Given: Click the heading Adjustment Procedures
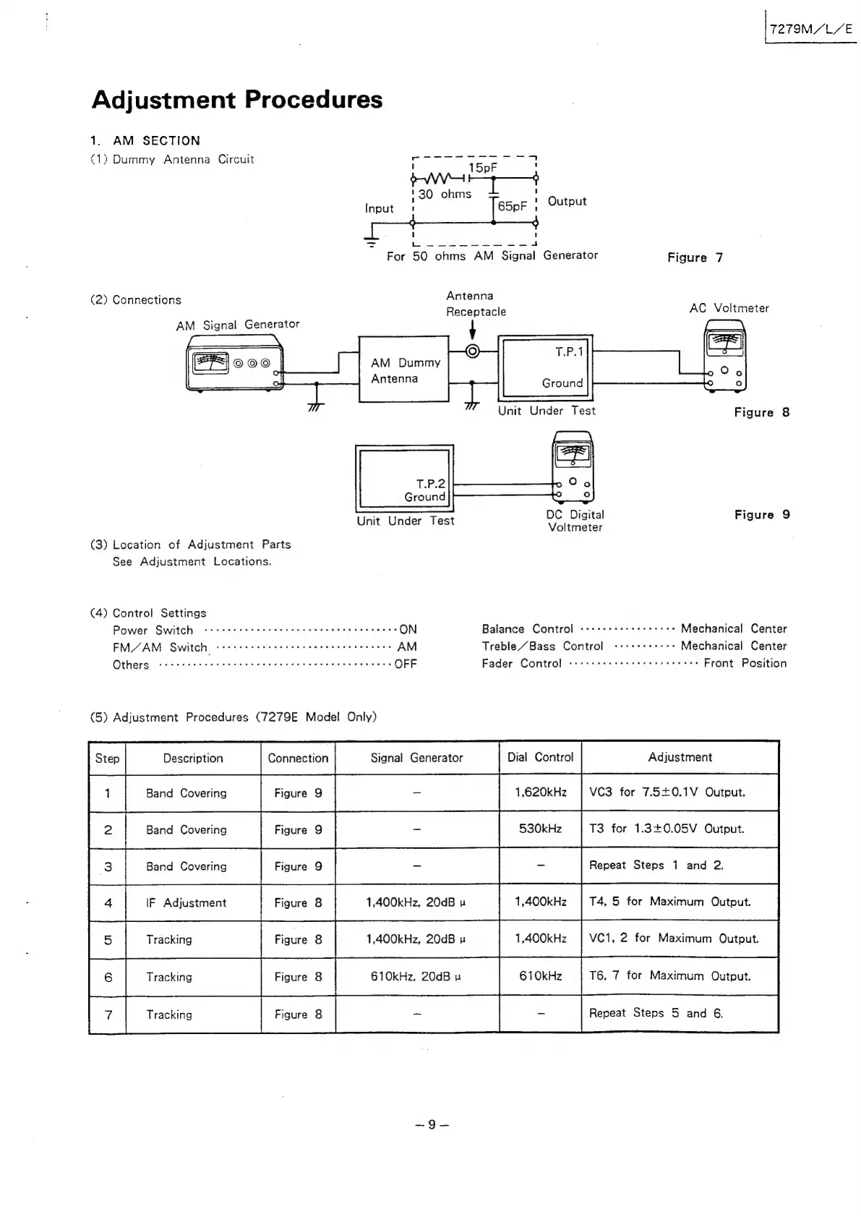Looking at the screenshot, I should (x=237, y=100).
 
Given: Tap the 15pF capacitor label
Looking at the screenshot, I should (x=482, y=168).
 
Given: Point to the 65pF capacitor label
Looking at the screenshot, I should (x=512, y=206).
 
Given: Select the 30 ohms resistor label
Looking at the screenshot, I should (x=445, y=194).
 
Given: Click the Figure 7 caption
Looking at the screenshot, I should (x=695, y=257).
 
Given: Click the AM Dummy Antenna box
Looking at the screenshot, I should (x=404, y=370).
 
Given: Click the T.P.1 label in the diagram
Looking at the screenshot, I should (x=569, y=352).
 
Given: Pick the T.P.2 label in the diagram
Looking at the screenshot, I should (x=430, y=484).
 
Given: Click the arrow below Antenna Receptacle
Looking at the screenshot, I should (x=473, y=330).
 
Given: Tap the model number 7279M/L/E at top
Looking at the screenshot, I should (x=811, y=30).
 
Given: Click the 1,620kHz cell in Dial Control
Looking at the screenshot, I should (x=540, y=793).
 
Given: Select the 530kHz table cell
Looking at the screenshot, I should (x=540, y=829).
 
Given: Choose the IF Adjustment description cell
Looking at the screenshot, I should (x=187, y=902).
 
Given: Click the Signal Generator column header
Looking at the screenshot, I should (x=416, y=758).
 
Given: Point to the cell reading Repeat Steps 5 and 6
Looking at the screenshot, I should (x=656, y=1013).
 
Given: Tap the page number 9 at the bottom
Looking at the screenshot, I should (x=432, y=1124).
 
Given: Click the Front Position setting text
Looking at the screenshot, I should (x=745, y=663).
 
